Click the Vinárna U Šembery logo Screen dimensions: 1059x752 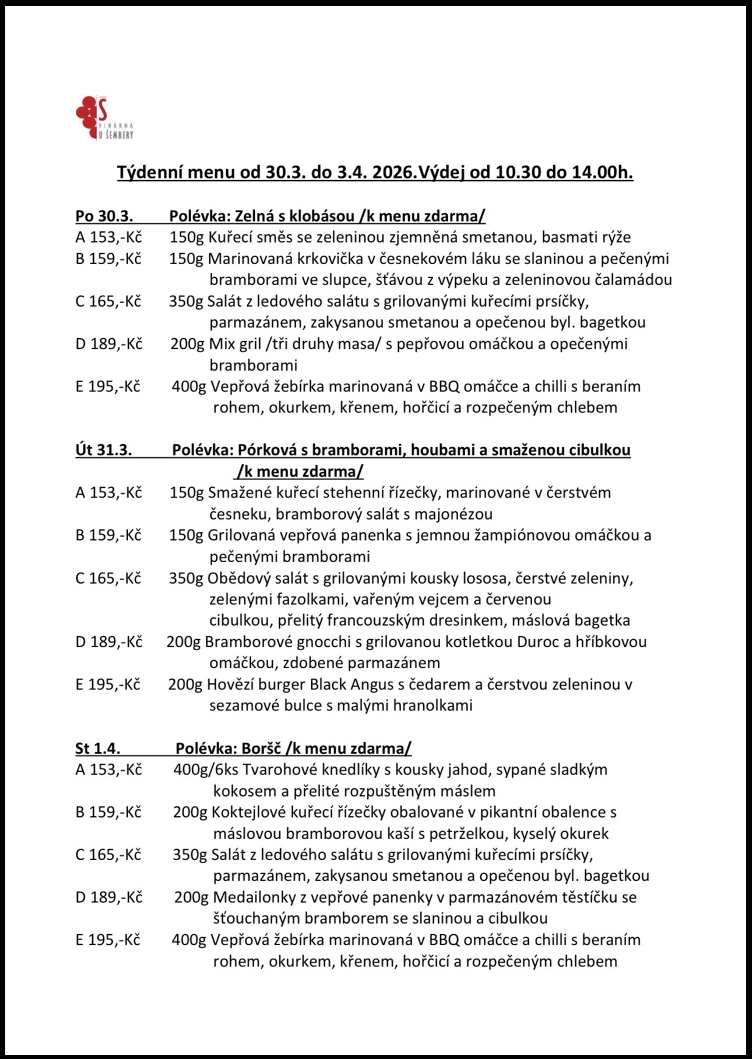[105, 119]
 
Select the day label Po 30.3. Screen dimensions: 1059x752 [104, 216]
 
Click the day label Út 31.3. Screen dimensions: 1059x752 [104, 450]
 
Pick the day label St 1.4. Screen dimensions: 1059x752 [98, 749]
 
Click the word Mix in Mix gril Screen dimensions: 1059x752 [222, 344]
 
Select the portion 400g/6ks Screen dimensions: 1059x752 [205, 770]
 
